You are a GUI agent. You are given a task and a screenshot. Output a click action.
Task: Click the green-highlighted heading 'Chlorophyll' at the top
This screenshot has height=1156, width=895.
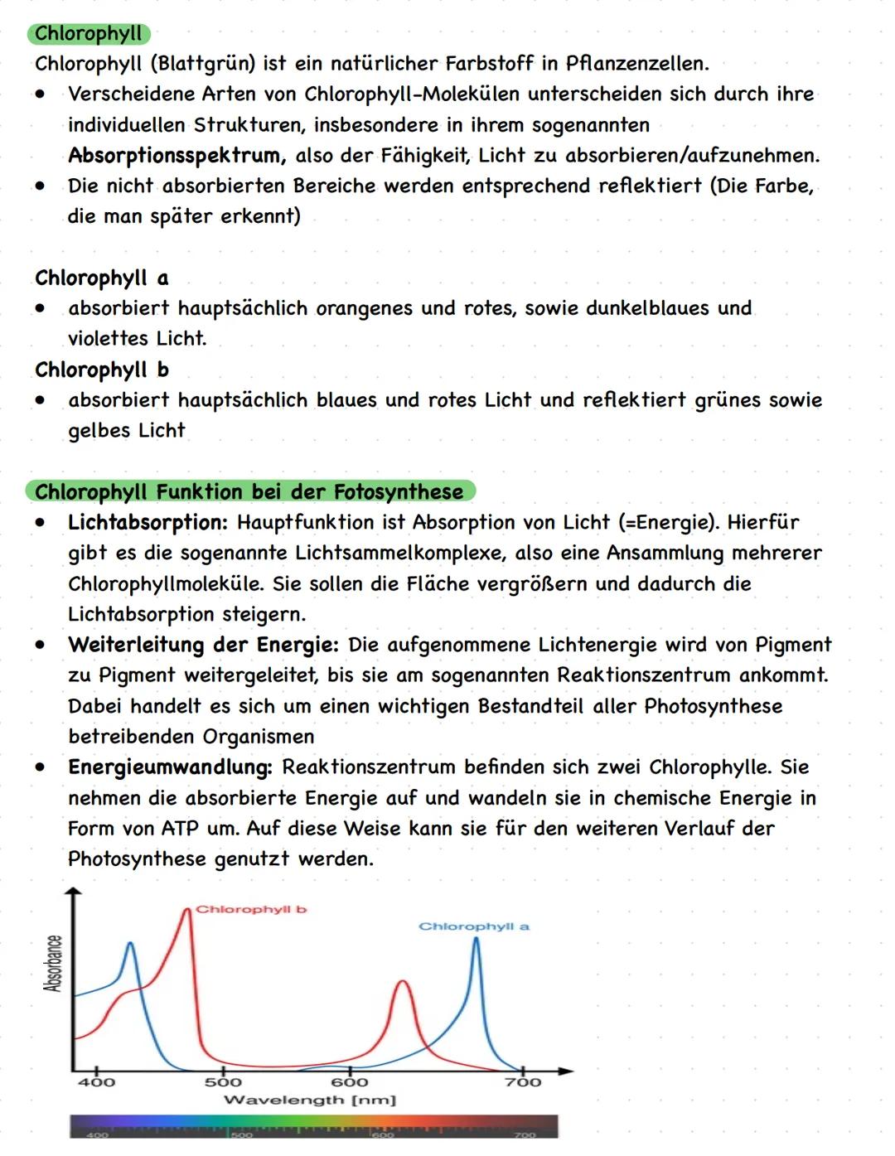coord(89,34)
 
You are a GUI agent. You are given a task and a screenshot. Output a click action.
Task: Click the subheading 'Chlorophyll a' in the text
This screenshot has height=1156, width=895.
coord(101,278)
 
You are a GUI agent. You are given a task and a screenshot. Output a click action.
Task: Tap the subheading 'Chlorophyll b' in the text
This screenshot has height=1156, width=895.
coord(101,370)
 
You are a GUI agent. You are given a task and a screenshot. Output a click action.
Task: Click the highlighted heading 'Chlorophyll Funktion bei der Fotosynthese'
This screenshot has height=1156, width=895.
coord(249,492)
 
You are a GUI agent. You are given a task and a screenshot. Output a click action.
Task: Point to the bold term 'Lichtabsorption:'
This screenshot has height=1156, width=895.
coord(148,523)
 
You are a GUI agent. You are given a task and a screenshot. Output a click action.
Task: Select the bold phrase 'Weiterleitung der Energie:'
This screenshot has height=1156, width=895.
coord(203,645)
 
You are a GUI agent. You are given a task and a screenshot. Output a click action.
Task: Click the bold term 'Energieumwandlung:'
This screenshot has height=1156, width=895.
coord(170,767)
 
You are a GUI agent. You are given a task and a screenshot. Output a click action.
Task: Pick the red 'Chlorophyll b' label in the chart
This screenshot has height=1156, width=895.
coord(251,910)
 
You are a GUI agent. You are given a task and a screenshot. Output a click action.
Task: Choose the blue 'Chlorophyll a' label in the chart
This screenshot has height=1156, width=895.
coord(473,926)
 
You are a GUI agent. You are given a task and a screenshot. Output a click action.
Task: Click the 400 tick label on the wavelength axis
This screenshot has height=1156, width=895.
coord(97,1082)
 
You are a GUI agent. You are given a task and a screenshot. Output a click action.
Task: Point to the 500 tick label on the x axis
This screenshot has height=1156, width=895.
coord(223,1082)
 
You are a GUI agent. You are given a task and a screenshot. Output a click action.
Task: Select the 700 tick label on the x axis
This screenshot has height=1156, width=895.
coord(523,1082)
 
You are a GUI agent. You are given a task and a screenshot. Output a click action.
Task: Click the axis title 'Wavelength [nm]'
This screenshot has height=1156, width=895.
coord(310,1100)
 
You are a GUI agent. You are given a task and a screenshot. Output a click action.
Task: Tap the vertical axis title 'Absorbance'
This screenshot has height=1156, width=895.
coord(53,963)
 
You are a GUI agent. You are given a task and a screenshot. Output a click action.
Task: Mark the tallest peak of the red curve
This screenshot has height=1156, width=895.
coord(186,911)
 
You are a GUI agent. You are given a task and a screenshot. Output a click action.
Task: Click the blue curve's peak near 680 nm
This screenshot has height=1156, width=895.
coord(476,939)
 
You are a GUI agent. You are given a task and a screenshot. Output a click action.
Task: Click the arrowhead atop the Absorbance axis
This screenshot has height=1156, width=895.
coord(74,892)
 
